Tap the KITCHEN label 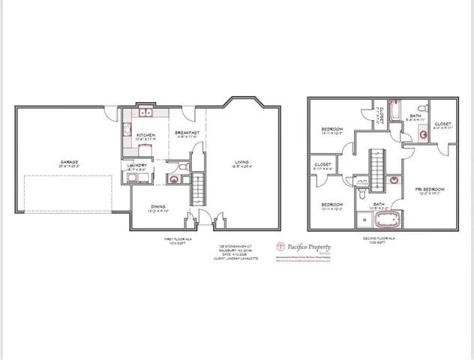click(x=144, y=135)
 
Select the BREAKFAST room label click(x=186, y=133)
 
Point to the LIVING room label click(x=241, y=162)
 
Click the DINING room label click(x=157, y=207)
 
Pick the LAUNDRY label click(x=137, y=165)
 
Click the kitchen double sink click(x=144, y=113)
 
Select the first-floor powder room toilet click(x=174, y=178)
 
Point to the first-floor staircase click(x=199, y=183)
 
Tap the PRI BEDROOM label click(x=429, y=188)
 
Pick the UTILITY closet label click(x=361, y=181)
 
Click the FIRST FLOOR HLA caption click(x=174, y=239)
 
